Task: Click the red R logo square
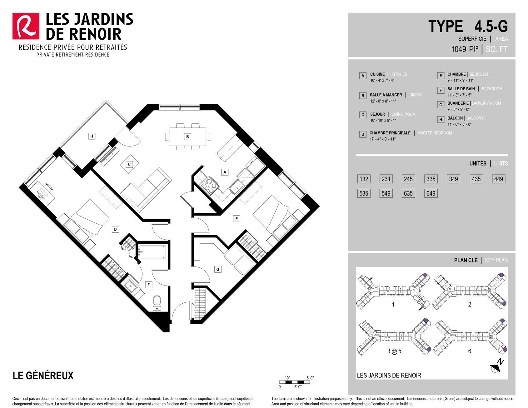pos(26,26)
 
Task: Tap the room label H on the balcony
pos(92,136)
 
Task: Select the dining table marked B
pos(188,137)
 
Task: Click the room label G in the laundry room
pos(218,269)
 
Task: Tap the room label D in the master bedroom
pos(115,229)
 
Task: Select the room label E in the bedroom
pos(237,219)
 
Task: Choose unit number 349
pos(453,179)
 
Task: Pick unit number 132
pos(364,179)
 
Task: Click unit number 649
pos(431,193)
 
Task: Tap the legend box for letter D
pos(363,134)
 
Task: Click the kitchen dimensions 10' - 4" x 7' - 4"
pos(382,80)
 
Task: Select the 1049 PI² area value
pos(465,49)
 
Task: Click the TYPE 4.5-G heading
pos(468,26)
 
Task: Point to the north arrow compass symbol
pos(497,366)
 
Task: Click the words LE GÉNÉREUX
pos(43,375)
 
